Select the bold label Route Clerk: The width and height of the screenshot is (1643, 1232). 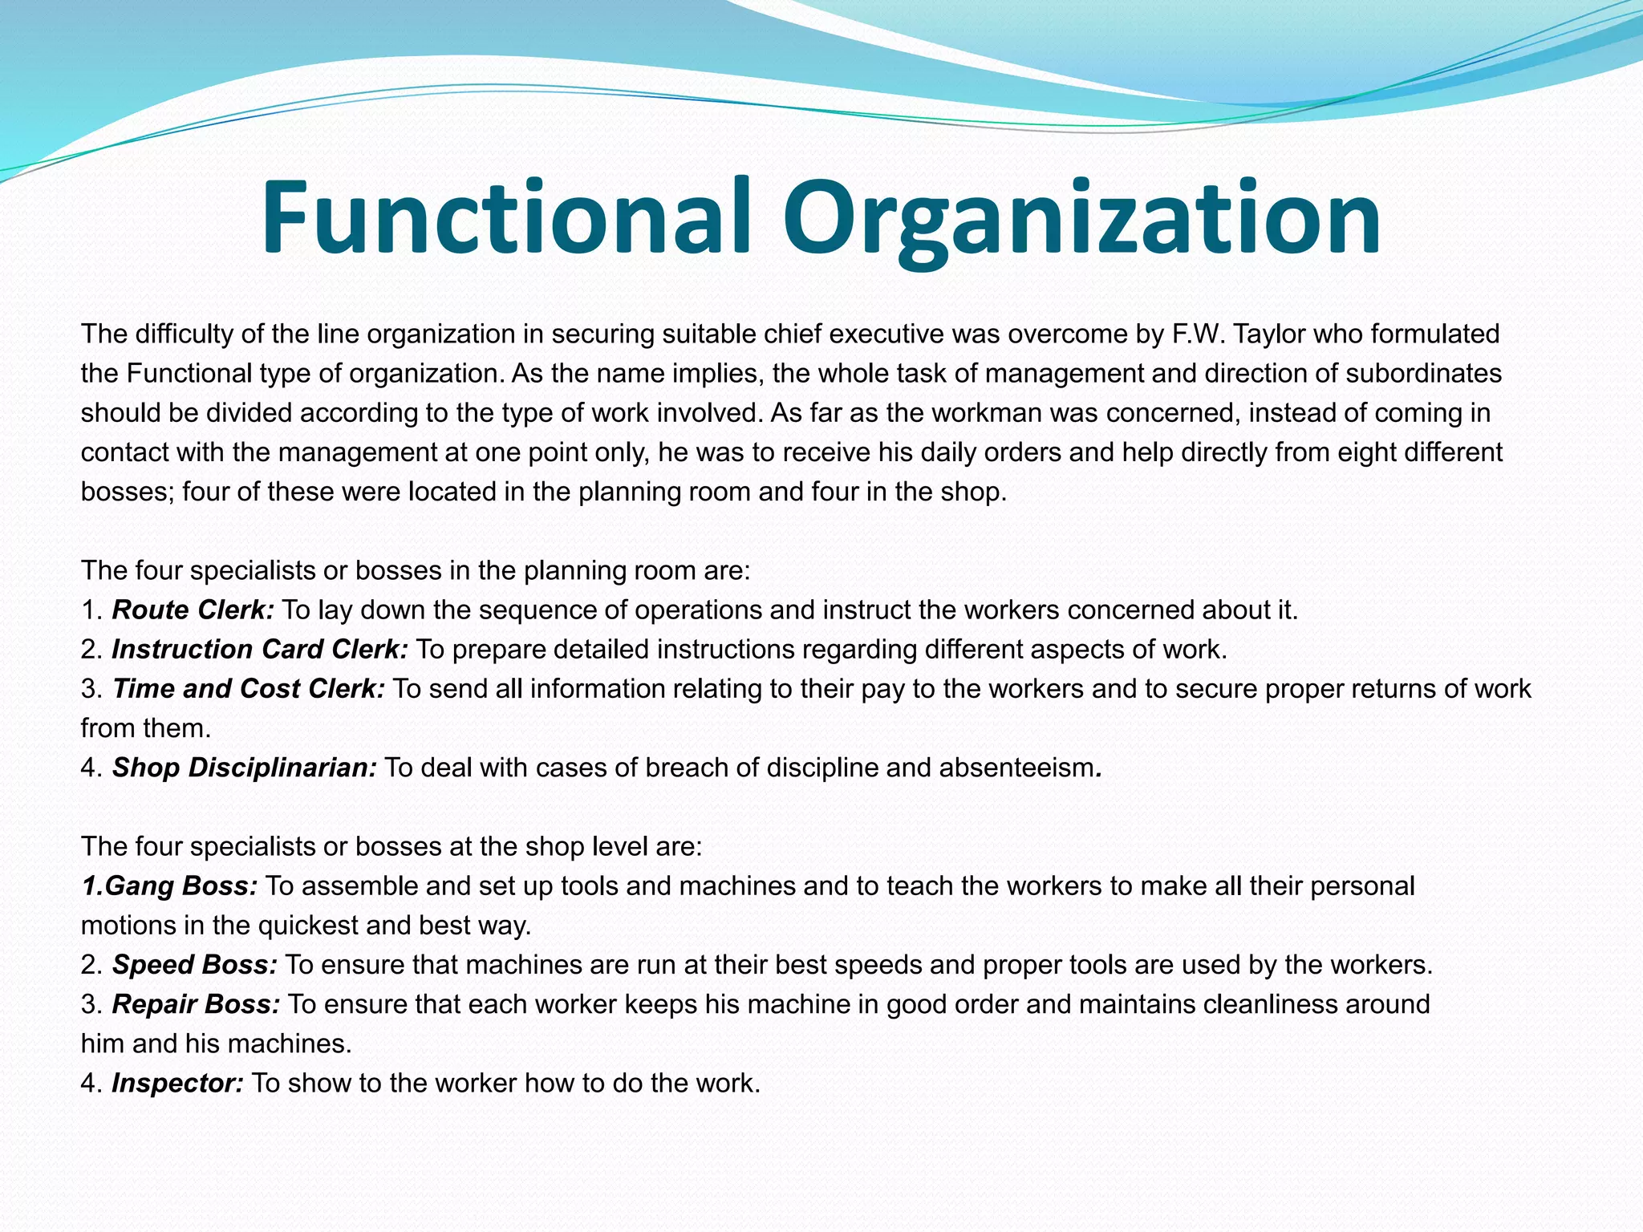193,610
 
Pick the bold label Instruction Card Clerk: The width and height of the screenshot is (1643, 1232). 260,650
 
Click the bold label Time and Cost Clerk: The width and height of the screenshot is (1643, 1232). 249,689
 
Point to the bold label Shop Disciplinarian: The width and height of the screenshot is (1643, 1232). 244,768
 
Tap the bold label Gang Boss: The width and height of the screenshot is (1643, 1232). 181,886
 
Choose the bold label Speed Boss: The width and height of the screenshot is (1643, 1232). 195,965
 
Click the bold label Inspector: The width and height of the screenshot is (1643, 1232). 177,1084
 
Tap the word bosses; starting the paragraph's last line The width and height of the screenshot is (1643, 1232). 128,492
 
